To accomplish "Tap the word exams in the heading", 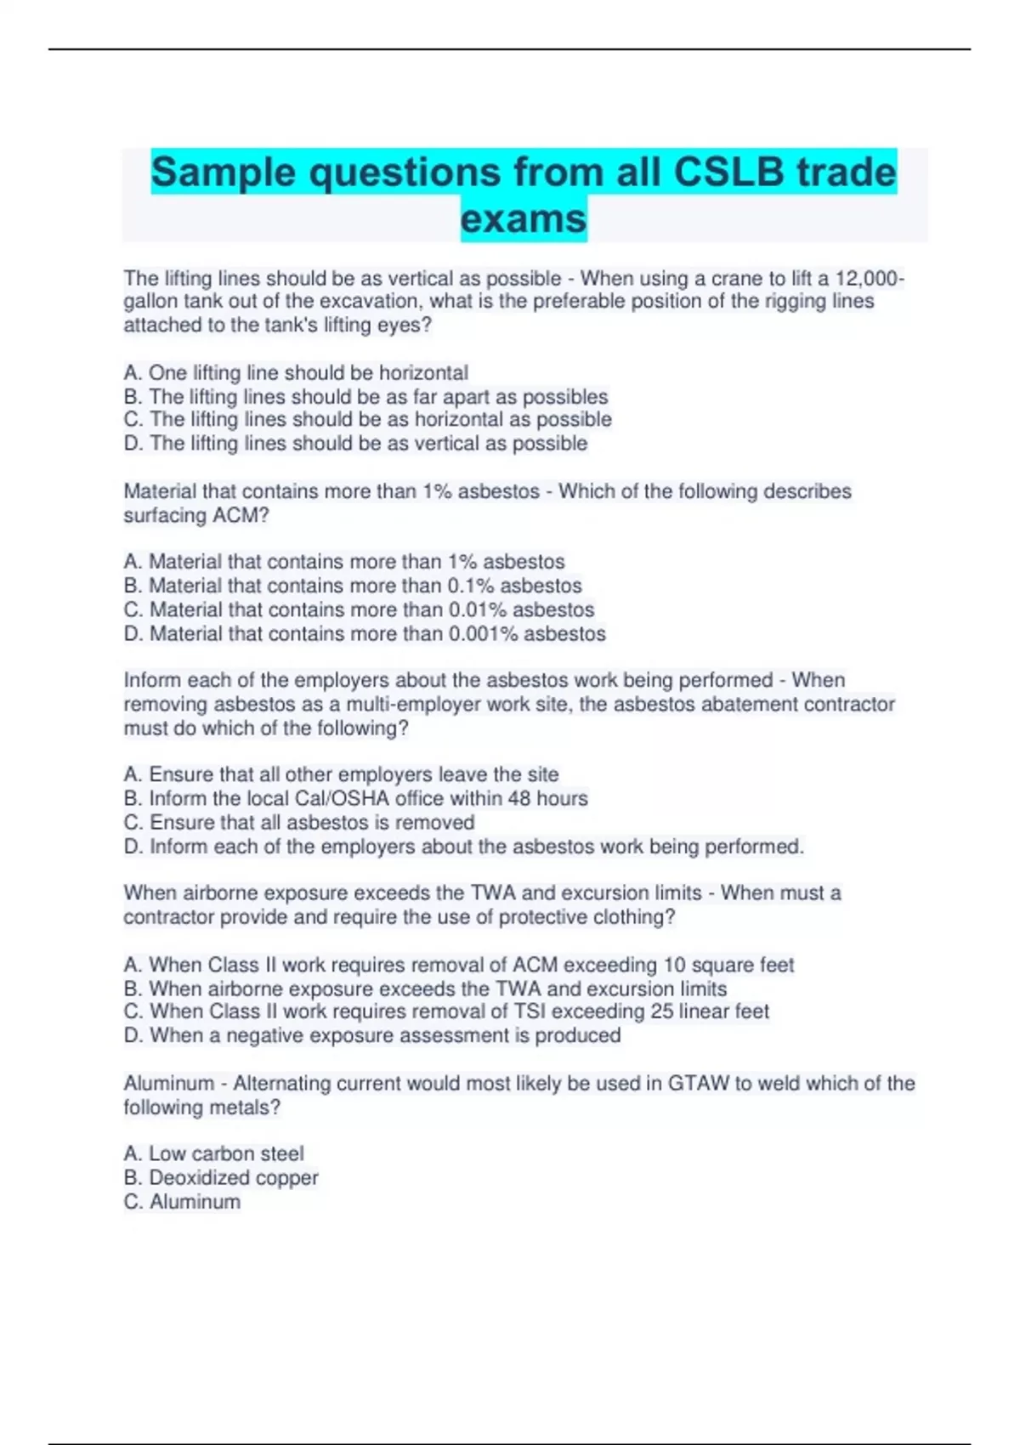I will (x=524, y=219).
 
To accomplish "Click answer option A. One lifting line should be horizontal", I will (x=296, y=373).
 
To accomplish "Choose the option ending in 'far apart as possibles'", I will (x=365, y=397).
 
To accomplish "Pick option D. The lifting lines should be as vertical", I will (x=355, y=444).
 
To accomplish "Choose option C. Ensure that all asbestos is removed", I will (x=299, y=823).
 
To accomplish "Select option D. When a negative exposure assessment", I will (x=372, y=1036).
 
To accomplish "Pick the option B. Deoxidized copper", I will (x=221, y=1178).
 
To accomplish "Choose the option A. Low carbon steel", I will (x=213, y=1154).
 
